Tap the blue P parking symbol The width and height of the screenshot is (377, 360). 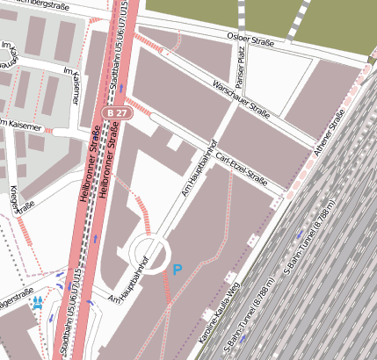coord(178,270)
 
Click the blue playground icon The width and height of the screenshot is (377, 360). coord(38,302)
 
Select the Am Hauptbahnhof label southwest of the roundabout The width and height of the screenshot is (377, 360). coord(136,285)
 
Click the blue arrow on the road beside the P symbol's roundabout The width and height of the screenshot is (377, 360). coord(94,238)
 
